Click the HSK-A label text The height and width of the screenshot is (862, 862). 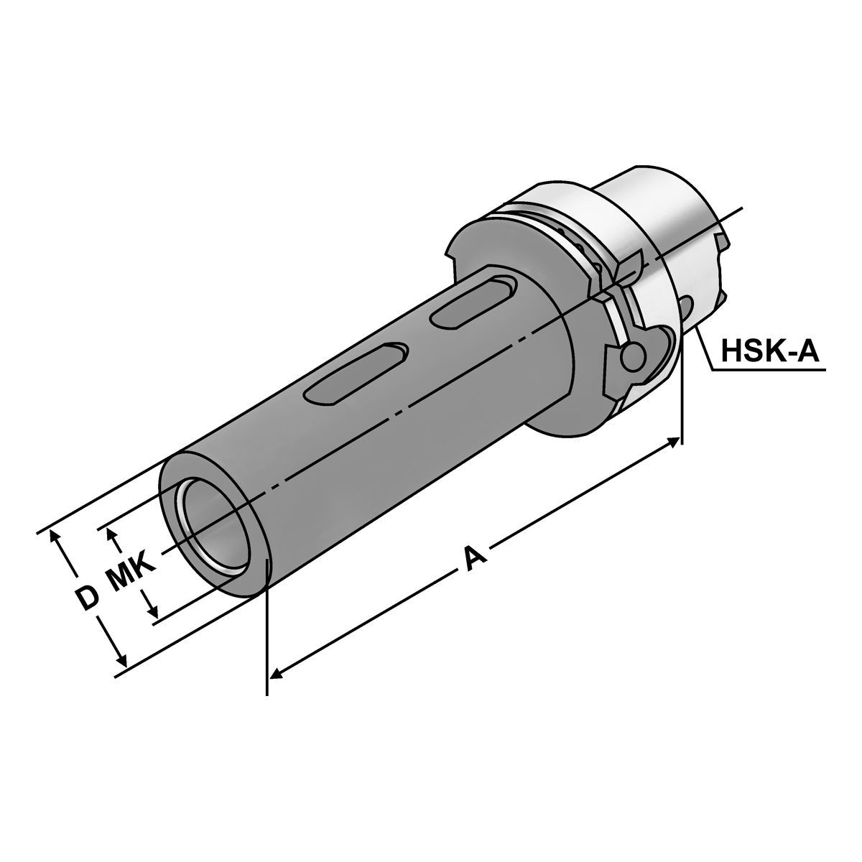[770, 351]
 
